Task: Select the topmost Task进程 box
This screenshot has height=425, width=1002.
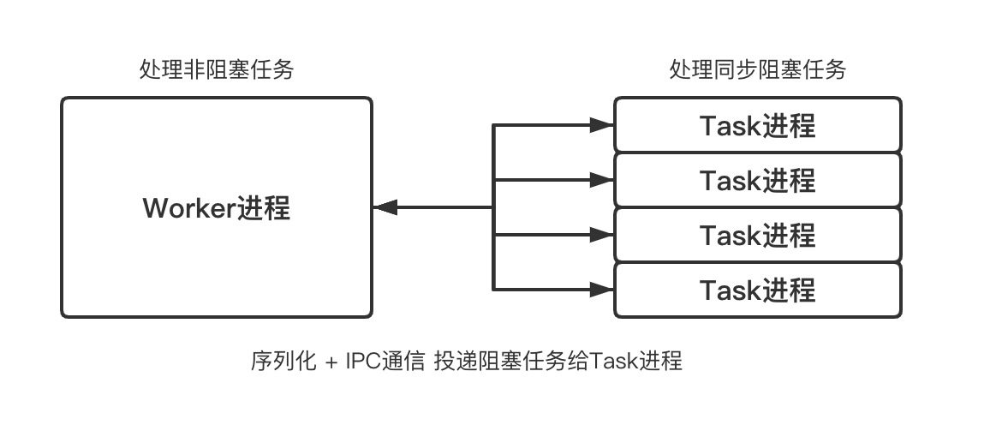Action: tap(757, 125)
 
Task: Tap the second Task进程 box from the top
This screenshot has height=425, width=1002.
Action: tap(757, 180)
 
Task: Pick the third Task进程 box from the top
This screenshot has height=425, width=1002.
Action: tap(757, 235)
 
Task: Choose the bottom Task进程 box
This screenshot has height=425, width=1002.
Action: tap(757, 290)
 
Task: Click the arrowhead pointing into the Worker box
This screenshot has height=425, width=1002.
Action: tap(384, 207)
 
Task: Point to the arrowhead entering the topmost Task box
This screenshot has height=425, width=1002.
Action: tap(604, 125)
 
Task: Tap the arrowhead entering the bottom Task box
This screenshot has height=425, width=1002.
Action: tap(604, 290)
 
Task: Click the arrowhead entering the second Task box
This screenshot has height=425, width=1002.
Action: tap(604, 180)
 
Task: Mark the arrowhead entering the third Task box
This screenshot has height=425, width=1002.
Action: tap(604, 235)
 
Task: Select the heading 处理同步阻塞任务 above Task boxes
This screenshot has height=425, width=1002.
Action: tap(757, 70)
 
